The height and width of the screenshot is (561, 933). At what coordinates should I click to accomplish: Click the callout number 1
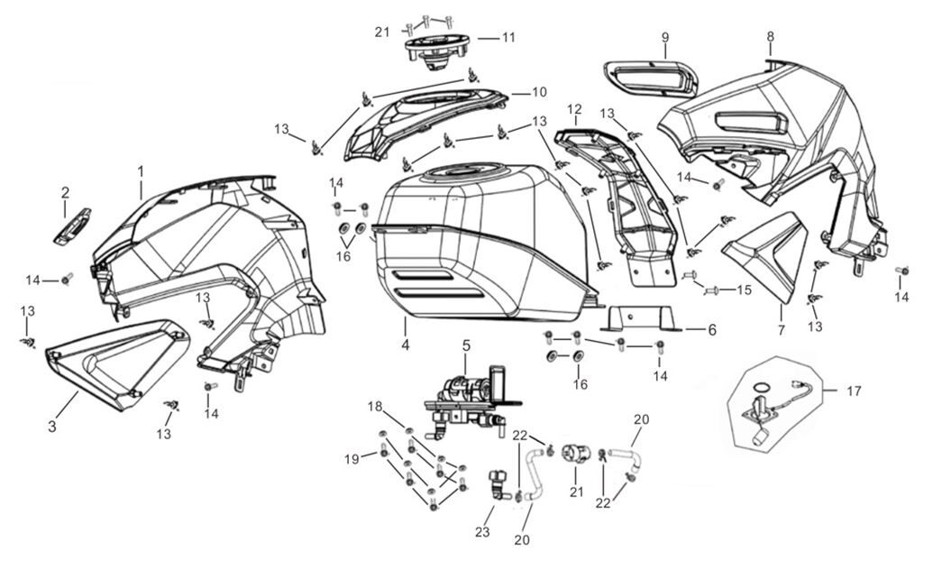pyautogui.click(x=141, y=170)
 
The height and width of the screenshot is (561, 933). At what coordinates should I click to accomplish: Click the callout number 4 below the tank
pyautogui.click(x=406, y=345)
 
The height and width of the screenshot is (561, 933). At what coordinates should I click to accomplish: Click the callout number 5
pyautogui.click(x=466, y=345)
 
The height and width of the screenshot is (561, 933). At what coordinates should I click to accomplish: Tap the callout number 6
pyautogui.click(x=711, y=331)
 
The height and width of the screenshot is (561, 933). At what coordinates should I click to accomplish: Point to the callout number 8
pyautogui.click(x=771, y=36)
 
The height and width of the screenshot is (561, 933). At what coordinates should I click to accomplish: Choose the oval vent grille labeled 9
pyautogui.click(x=649, y=78)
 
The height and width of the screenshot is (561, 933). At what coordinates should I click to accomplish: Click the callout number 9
pyautogui.click(x=665, y=37)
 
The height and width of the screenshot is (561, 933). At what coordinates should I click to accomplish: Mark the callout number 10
pyautogui.click(x=539, y=91)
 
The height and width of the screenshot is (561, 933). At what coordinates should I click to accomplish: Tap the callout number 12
pyautogui.click(x=574, y=109)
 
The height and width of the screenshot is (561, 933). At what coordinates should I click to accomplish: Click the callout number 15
pyautogui.click(x=744, y=290)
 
